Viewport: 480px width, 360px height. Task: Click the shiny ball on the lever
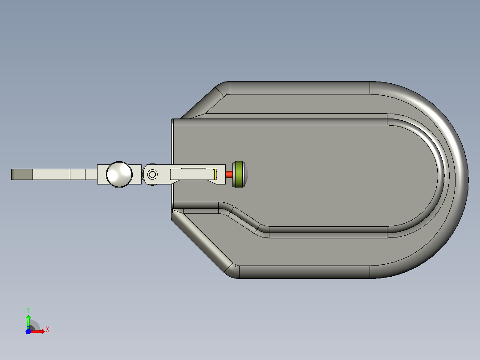(x=119, y=174)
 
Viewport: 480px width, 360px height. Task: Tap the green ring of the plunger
(x=238, y=174)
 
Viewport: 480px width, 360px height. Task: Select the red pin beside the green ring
(x=229, y=174)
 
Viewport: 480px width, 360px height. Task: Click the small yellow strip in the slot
(x=216, y=174)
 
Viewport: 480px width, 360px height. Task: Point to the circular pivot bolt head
(x=152, y=175)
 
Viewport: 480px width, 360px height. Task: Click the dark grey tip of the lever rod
(x=22, y=174)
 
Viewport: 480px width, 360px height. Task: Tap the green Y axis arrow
(x=28, y=321)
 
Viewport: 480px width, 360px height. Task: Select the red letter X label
(x=48, y=330)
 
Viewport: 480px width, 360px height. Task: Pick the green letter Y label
(x=28, y=310)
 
